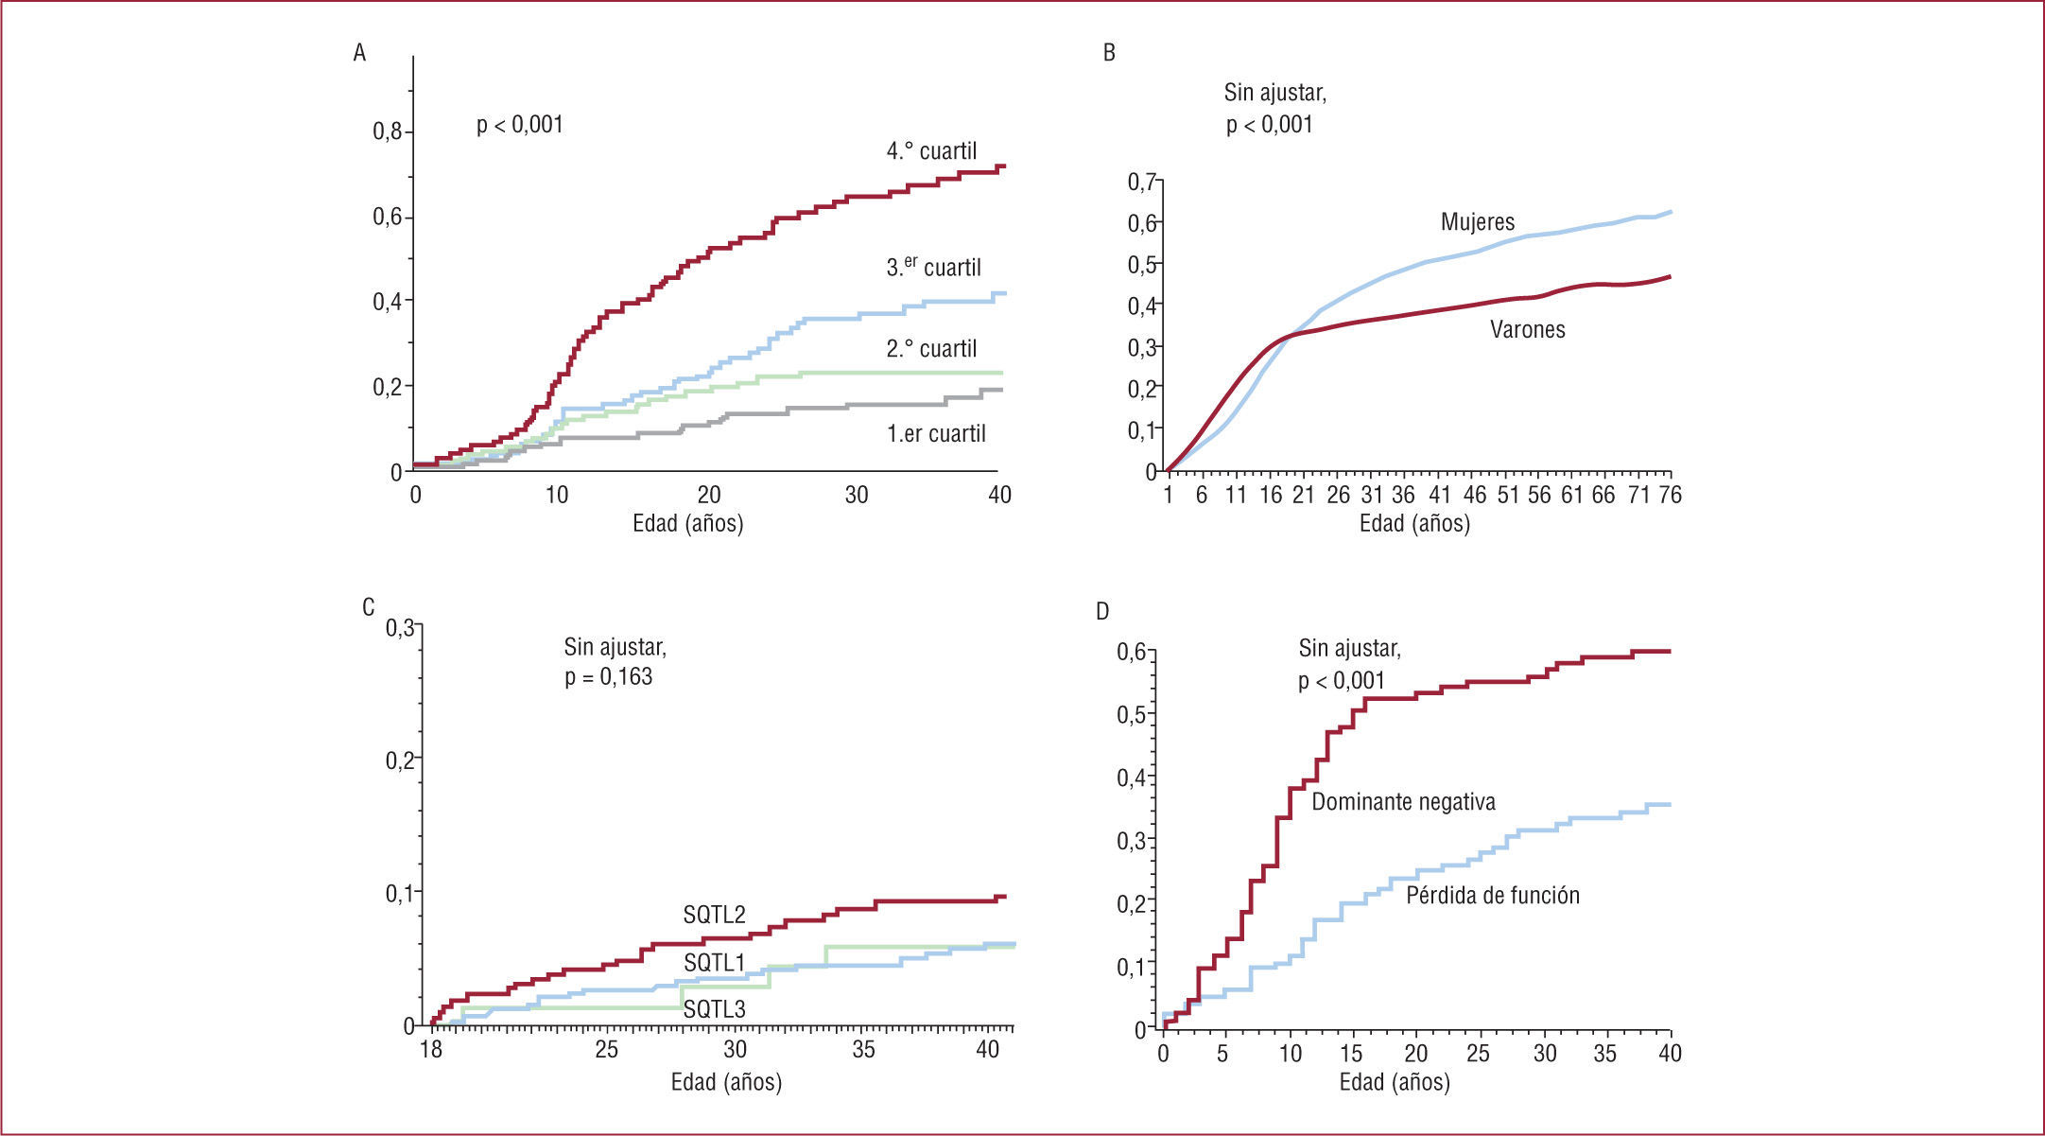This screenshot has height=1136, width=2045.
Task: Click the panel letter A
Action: coord(359,53)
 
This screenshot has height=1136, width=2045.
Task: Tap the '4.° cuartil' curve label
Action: coord(931,151)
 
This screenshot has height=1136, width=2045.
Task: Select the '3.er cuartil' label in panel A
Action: coord(933,268)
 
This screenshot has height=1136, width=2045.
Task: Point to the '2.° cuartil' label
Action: coord(931,349)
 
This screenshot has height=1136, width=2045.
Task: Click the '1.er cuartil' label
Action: coord(936,434)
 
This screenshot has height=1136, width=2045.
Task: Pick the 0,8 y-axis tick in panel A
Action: coord(388,131)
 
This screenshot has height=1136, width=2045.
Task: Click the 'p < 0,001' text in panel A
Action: coord(519,125)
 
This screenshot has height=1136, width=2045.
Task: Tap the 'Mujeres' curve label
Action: coord(1477,222)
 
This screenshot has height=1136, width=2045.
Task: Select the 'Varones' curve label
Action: coord(1527,330)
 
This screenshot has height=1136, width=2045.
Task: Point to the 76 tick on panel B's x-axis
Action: coord(1670,495)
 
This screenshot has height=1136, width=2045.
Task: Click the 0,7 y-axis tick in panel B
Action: coord(1142,181)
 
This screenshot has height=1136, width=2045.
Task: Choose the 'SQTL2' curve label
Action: coord(714,915)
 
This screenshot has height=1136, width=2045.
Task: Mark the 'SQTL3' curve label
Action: coord(714,1009)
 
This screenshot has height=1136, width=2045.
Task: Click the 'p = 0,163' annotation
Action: coord(608,677)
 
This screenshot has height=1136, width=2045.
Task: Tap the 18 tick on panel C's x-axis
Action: coord(431,1049)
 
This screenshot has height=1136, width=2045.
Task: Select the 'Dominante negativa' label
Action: coord(1403,802)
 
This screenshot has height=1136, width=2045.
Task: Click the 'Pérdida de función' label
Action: coord(1492,896)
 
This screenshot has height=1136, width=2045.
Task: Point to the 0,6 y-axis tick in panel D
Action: coord(1131,652)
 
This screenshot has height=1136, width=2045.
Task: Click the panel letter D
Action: coord(1102,612)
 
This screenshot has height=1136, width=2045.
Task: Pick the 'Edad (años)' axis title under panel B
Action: coord(1414,523)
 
